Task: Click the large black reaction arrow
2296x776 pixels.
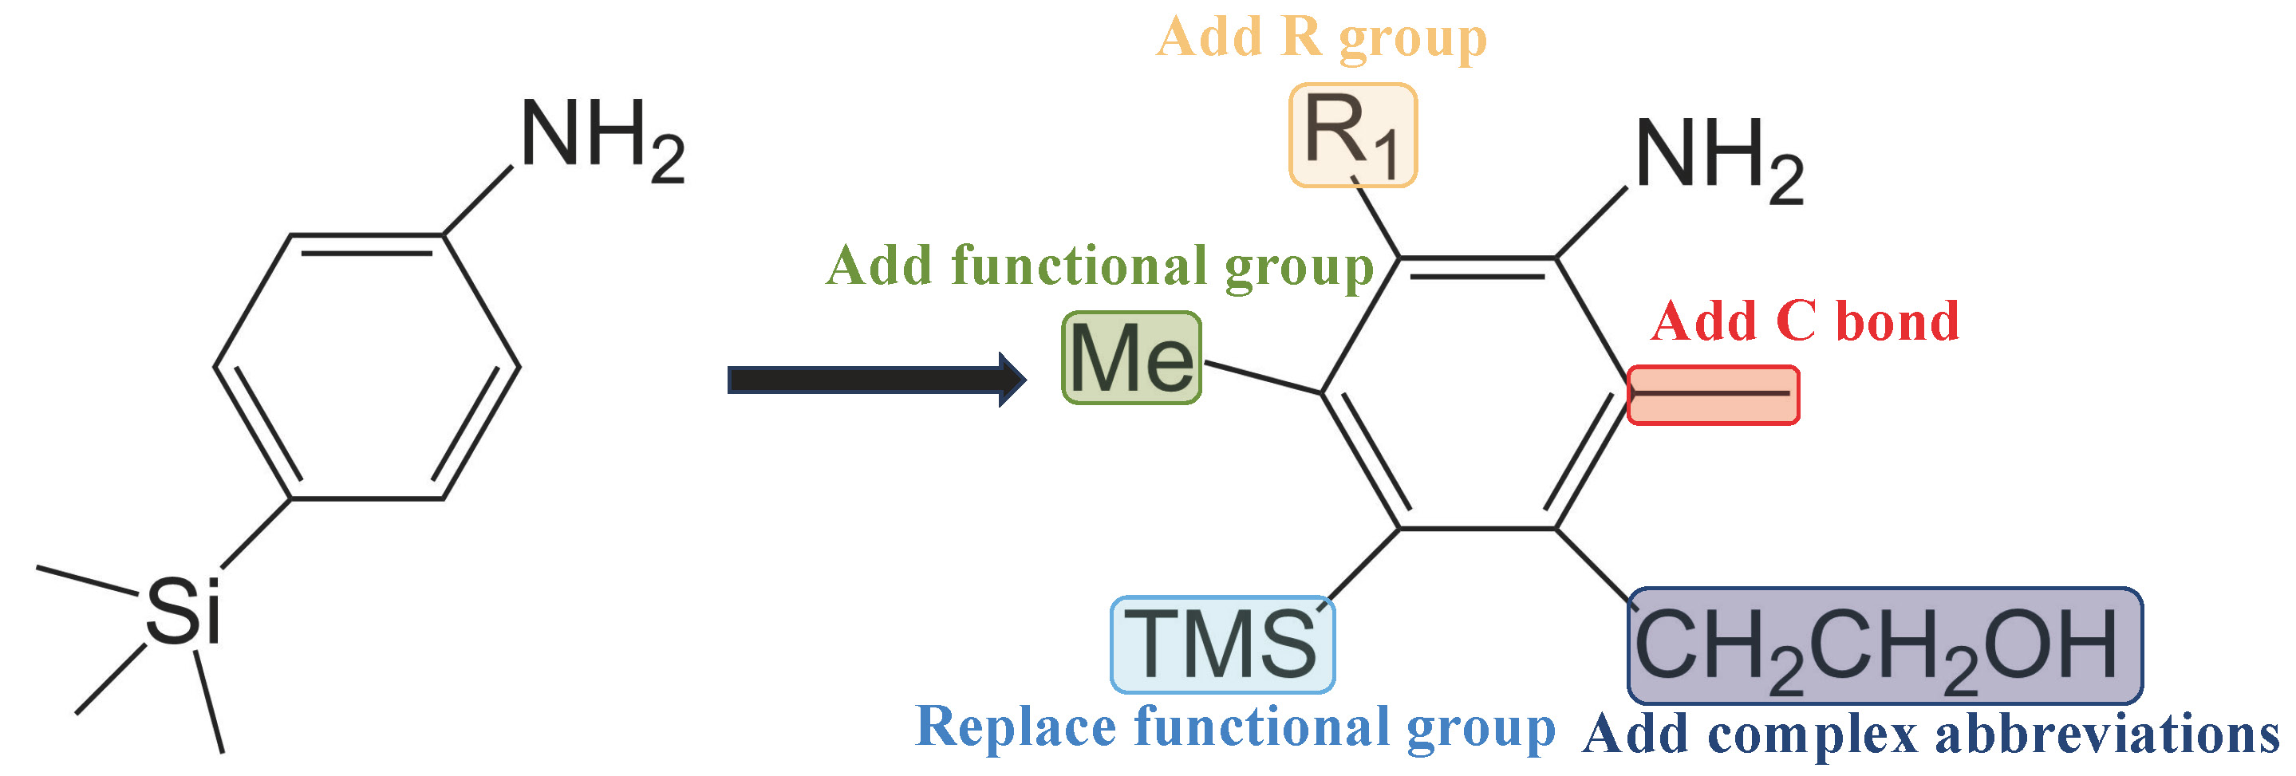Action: [x=874, y=380]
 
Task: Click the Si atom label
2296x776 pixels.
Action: [x=183, y=611]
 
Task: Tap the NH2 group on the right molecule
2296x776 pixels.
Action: [x=1719, y=160]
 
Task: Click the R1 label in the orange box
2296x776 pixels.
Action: [x=1352, y=136]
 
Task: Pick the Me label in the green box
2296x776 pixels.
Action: [x=1131, y=358]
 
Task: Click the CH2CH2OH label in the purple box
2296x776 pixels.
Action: [x=1884, y=646]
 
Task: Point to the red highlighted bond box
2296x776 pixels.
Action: [x=1713, y=395]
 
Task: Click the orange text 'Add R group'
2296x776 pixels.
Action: [x=1321, y=37]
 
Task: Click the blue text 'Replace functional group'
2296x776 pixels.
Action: [x=1234, y=727]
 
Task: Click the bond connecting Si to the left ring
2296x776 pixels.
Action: [x=256, y=533]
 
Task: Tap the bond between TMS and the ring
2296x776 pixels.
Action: [x=1362, y=565]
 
